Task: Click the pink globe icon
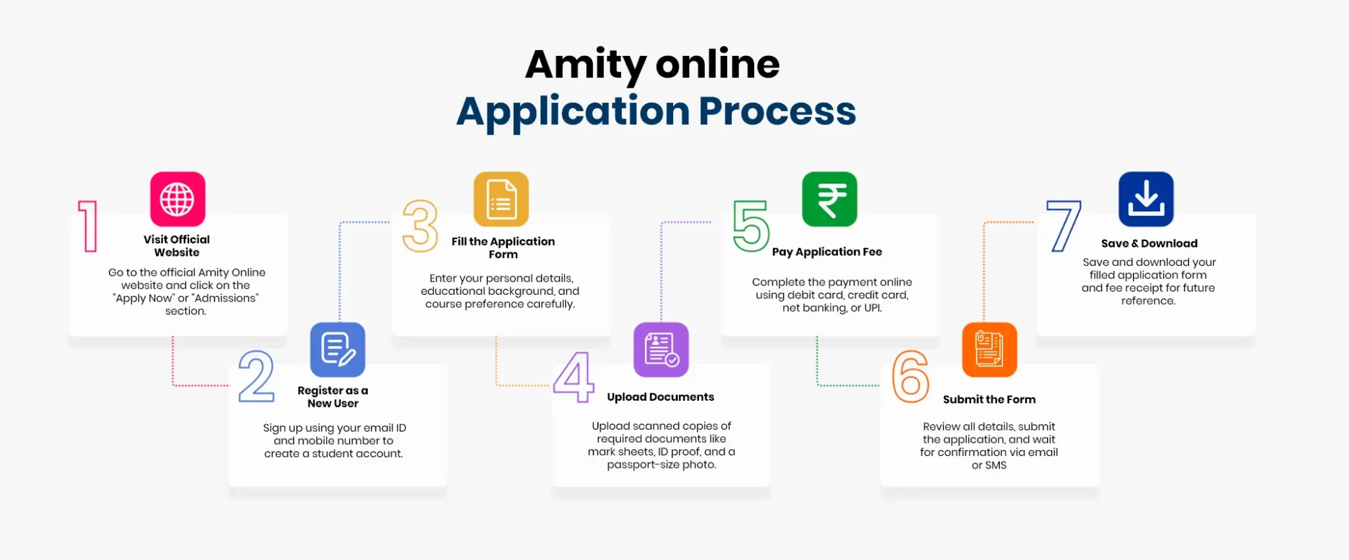(x=177, y=199)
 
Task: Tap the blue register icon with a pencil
(x=337, y=349)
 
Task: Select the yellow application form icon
(x=501, y=199)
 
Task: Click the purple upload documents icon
(x=661, y=349)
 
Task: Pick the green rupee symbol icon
(x=829, y=199)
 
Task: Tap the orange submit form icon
(x=989, y=349)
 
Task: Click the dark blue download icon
(x=1145, y=199)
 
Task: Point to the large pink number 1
(x=88, y=226)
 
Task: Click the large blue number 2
(x=256, y=376)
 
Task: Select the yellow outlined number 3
(x=420, y=226)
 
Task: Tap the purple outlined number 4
(x=574, y=376)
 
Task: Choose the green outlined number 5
(x=751, y=226)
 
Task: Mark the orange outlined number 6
(x=911, y=376)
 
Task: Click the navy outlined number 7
(x=1064, y=226)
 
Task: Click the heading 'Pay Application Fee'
(x=827, y=251)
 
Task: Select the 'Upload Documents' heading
(x=660, y=397)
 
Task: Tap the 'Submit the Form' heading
(x=989, y=399)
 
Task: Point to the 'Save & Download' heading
(x=1149, y=243)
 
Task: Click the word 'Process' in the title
(x=777, y=111)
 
